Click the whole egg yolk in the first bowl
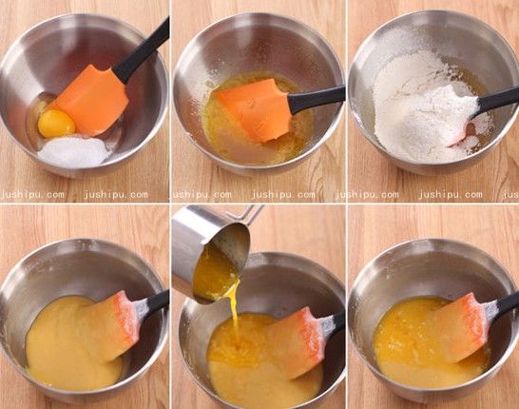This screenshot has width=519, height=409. (x=57, y=124)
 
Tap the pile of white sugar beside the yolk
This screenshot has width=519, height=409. (x=74, y=152)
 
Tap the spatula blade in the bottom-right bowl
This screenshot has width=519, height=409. (x=461, y=328)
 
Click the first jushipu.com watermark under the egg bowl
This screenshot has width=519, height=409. (x=32, y=194)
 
